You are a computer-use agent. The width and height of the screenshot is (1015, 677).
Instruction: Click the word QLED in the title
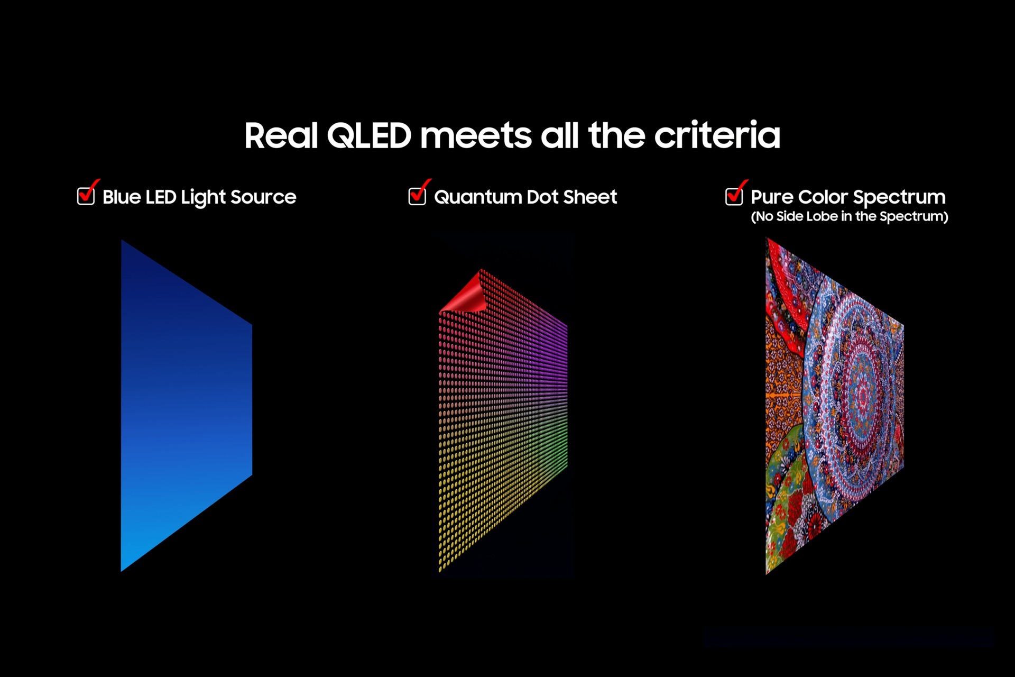(x=369, y=136)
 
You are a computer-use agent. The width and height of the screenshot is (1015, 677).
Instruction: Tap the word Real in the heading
(x=281, y=136)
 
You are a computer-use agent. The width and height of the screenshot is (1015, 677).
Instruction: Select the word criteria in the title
(x=717, y=136)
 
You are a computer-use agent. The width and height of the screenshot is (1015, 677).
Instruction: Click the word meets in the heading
(x=475, y=136)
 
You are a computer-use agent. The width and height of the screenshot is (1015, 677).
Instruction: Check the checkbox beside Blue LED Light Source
(x=86, y=196)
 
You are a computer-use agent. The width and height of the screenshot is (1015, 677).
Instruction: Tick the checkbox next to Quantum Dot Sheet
(x=417, y=196)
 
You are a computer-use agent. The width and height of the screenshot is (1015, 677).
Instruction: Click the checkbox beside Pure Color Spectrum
(x=734, y=196)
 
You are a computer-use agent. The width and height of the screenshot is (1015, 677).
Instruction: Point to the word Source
(x=263, y=197)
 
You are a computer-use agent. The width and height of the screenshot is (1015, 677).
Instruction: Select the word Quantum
(x=478, y=197)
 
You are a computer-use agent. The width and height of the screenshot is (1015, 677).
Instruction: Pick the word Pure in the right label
(x=772, y=197)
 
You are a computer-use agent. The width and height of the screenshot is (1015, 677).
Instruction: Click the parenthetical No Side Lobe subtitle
(x=850, y=216)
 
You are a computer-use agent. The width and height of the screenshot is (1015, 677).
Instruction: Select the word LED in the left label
(x=161, y=197)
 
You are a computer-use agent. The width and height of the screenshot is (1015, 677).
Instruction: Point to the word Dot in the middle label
(x=542, y=197)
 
